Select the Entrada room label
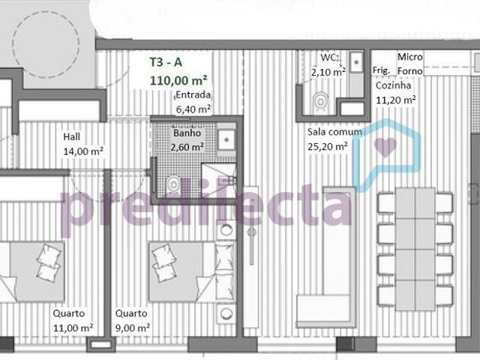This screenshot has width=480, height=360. click(193, 95)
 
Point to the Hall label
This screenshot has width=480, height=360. click(72, 137)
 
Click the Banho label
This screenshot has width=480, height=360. click(187, 133)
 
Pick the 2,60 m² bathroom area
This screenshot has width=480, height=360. click(187, 146)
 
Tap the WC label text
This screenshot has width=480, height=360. click(329, 58)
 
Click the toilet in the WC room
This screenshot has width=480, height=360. click(321, 100)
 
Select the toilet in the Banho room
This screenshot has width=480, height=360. click(174, 181)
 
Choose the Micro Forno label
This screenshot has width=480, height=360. click(410, 64)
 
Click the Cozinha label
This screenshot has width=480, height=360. click(394, 86)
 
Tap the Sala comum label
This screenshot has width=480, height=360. click(334, 132)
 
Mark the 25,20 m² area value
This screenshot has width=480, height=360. click(327, 146)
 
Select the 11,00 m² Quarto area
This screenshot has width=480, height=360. click(73, 328)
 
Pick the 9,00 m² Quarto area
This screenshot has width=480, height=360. click(133, 328)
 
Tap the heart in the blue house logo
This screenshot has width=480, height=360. click(385, 145)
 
